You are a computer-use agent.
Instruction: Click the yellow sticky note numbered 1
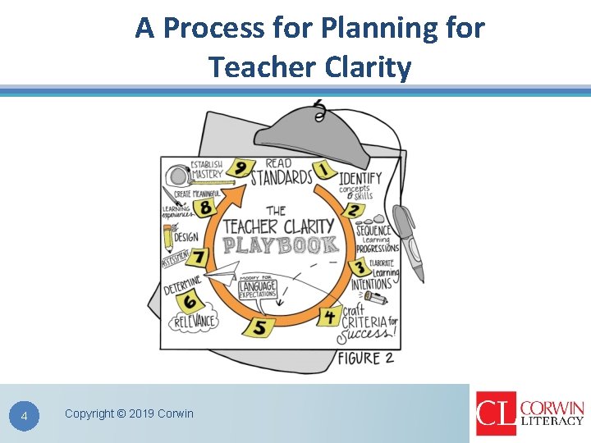coord(324,170)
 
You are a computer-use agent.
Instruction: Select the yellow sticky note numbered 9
coord(240,168)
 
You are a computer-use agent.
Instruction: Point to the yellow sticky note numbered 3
coord(360,267)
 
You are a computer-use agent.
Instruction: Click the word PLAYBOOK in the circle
coord(281,245)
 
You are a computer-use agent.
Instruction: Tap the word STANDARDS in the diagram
coord(281,177)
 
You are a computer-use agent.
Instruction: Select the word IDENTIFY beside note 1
coord(360,178)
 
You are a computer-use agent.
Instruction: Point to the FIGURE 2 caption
coord(365,358)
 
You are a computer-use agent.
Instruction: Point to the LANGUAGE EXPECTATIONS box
coord(258,290)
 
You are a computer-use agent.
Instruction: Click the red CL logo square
coord(496,413)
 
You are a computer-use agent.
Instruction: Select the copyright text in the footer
coord(129,413)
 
